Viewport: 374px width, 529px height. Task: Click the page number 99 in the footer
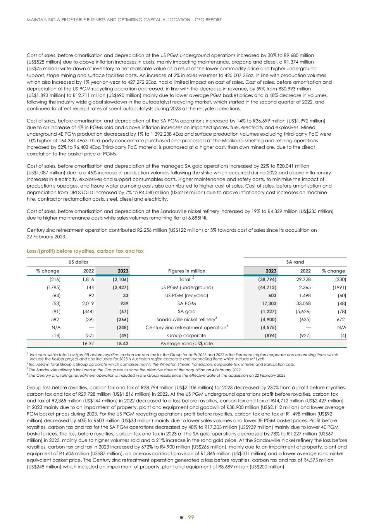(x=191, y=517)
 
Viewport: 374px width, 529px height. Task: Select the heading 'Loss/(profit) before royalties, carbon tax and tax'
(x=85, y=251)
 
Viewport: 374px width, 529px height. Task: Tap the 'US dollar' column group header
(x=78, y=262)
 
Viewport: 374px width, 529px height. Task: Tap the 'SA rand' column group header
(x=295, y=262)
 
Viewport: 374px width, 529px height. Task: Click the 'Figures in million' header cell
(x=186, y=271)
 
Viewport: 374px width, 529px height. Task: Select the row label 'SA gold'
(x=186, y=311)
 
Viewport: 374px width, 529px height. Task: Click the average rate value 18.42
(x=122, y=343)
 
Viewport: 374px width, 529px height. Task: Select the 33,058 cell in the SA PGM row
(x=302, y=303)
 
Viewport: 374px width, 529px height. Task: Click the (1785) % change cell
(x=53, y=287)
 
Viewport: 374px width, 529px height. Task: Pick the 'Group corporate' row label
(x=186, y=336)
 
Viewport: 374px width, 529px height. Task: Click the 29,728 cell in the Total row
(x=302, y=279)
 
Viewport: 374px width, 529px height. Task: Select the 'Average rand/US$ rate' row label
(x=186, y=343)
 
